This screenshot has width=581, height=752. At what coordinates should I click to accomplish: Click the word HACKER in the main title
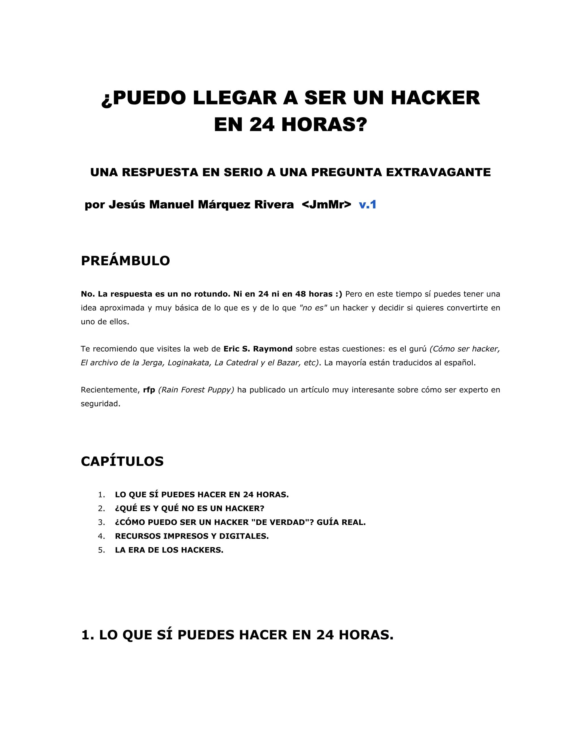(x=435, y=98)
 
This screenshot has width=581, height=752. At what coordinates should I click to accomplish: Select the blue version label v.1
(x=368, y=205)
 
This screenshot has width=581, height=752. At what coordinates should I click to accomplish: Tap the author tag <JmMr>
(x=326, y=205)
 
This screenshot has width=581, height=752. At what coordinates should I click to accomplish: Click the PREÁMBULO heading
(x=125, y=261)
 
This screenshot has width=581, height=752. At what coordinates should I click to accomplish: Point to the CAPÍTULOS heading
(x=122, y=461)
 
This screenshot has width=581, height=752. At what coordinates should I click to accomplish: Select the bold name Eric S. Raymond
(x=258, y=349)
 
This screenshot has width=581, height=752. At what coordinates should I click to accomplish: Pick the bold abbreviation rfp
(x=149, y=390)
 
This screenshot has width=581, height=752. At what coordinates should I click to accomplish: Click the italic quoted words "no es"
(x=313, y=308)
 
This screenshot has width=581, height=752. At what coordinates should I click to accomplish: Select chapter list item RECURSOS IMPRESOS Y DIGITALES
(x=192, y=536)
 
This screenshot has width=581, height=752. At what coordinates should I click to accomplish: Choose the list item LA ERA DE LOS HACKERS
(x=169, y=550)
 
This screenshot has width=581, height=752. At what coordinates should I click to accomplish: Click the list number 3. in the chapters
(x=102, y=522)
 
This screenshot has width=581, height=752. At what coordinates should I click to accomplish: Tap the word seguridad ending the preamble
(x=100, y=404)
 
